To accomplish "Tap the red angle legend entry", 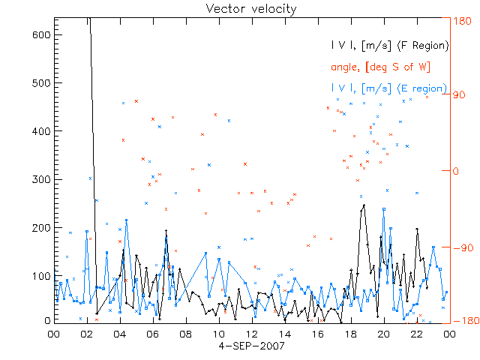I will tap(380, 67).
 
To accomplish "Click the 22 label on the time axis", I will tap(416, 334).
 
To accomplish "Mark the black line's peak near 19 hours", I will tap(364, 205).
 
